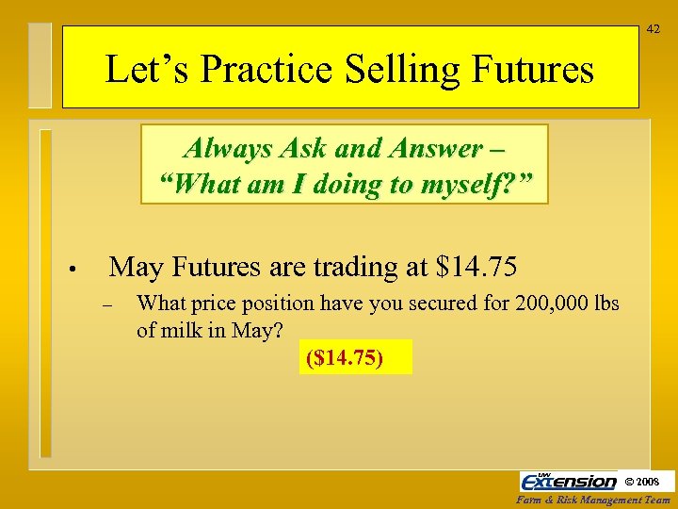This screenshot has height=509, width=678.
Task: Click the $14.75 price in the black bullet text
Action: (x=477, y=268)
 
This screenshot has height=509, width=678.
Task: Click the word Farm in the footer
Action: (x=529, y=501)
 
